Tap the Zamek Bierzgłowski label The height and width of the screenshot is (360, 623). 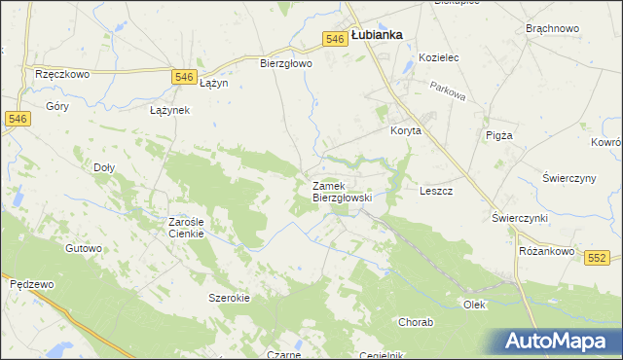pyautogui.click(x=342, y=191)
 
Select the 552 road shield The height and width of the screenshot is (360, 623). pyautogui.click(x=598, y=257)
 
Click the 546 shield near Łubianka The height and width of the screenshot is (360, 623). pyautogui.click(x=335, y=39)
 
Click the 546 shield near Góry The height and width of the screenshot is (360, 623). pyautogui.click(x=17, y=118)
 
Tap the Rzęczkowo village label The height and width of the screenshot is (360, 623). pyautogui.click(x=61, y=74)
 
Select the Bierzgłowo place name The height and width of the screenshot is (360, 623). pyautogui.click(x=285, y=64)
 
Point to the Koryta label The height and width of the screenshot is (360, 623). pyautogui.click(x=405, y=130)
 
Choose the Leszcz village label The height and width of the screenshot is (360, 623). pyautogui.click(x=436, y=191)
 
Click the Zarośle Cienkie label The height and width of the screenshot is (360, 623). pyautogui.click(x=185, y=227)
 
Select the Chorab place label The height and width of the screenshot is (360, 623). pyautogui.click(x=416, y=321)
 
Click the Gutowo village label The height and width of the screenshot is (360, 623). pyautogui.click(x=83, y=248)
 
